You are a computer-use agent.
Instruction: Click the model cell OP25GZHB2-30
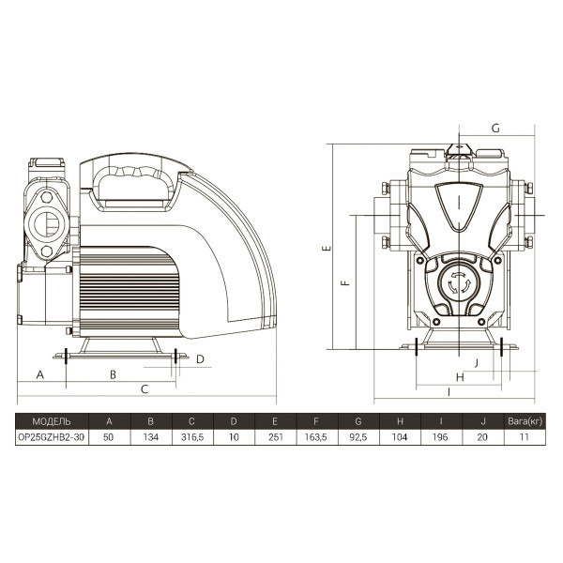52,437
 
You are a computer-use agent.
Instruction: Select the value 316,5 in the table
192,437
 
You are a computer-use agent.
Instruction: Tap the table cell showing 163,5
316,437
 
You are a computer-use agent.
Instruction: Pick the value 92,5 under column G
358,437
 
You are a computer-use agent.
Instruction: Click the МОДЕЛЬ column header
52,421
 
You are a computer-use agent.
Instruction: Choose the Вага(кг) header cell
525,421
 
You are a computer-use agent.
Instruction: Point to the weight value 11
525,437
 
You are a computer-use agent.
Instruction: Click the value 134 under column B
151,437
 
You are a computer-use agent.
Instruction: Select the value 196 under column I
440,437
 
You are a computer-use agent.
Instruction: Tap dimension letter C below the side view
145,389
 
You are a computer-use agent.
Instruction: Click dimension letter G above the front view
495,129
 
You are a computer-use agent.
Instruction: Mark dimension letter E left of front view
327,248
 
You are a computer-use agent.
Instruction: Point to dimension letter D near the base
200,359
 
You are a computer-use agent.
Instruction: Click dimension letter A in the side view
40,374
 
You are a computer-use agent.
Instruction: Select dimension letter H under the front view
460,377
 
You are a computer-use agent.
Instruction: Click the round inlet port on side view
47,224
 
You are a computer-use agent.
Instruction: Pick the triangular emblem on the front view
459,206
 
